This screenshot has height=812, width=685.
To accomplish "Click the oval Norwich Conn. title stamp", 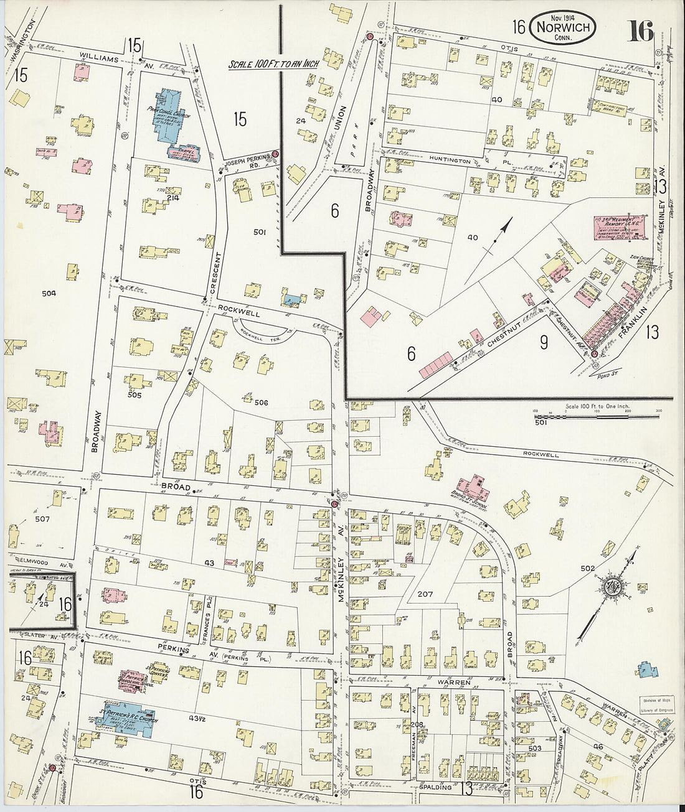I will point(562,27).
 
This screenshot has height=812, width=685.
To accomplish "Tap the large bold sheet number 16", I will point(640,30).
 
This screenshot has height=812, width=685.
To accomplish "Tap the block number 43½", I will point(199,719).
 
